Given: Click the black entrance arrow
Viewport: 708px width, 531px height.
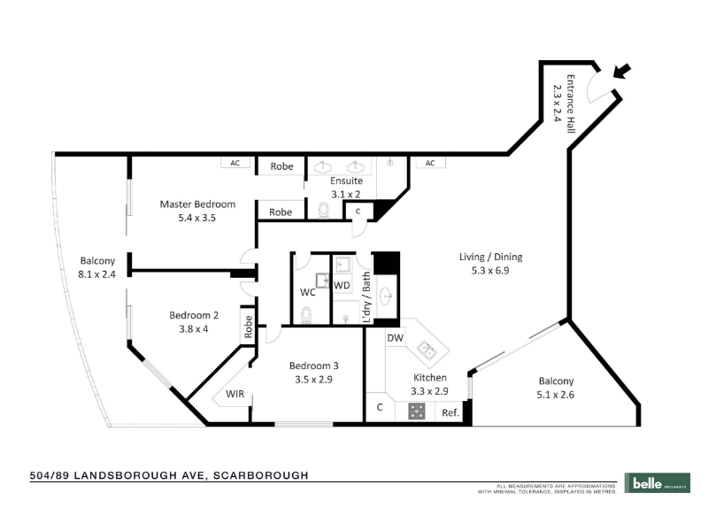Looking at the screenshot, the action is pyautogui.click(x=622, y=71).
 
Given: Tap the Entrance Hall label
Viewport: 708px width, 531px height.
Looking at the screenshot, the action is pyautogui.click(x=571, y=104).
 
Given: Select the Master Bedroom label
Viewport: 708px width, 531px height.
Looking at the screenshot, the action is pyautogui.click(x=197, y=204).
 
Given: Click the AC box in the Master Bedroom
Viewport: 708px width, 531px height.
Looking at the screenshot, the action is pyautogui.click(x=235, y=163).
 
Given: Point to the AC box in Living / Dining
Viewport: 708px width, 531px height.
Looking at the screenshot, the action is pyautogui.click(x=430, y=163).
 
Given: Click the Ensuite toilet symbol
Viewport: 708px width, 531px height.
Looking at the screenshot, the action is pyautogui.click(x=324, y=210).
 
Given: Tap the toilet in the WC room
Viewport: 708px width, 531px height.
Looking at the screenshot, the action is pyautogui.click(x=306, y=315).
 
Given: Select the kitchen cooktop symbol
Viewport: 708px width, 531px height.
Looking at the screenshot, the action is pyautogui.click(x=416, y=411).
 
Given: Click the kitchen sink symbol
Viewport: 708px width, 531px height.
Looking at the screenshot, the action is pyautogui.click(x=427, y=350).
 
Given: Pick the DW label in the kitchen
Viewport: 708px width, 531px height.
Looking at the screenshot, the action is pyautogui.click(x=395, y=338).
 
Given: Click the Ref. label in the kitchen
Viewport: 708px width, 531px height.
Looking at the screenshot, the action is pyautogui.click(x=450, y=412).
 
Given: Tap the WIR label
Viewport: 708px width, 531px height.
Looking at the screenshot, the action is pyautogui.click(x=235, y=394).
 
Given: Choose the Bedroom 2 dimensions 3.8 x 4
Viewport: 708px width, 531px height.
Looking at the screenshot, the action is pyautogui.click(x=194, y=329).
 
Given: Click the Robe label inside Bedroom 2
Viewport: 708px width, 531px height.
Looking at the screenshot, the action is pyautogui.click(x=248, y=327).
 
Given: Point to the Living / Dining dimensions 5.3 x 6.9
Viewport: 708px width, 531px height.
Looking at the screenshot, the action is pyautogui.click(x=490, y=271).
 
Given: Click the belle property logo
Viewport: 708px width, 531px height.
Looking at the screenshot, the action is pyautogui.click(x=658, y=483).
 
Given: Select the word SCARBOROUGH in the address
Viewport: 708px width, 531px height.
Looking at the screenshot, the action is pyautogui.click(x=261, y=475).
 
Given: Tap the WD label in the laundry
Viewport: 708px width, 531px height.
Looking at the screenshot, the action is pyautogui.click(x=342, y=285).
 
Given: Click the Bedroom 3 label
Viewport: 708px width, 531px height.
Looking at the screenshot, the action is pyautogui.click(x=314, y=366).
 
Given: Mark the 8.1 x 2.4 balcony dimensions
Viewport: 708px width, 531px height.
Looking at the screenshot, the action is pyautogui.click(x=96, y=274).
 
